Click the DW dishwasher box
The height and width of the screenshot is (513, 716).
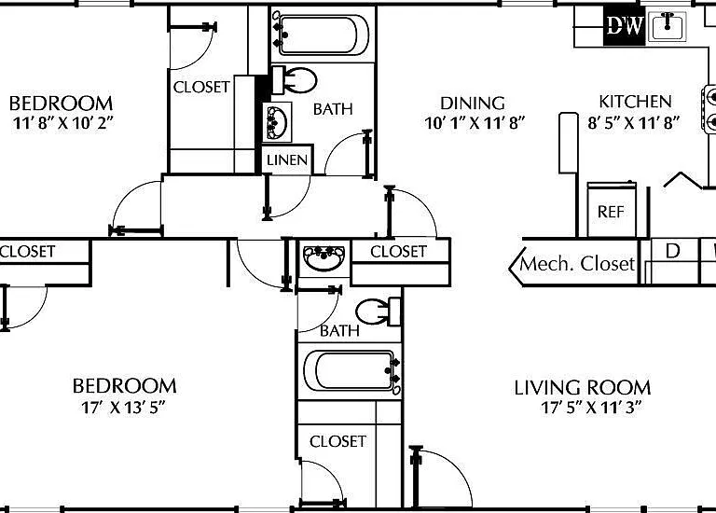point(625,25)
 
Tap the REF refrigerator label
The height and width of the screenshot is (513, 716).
point(611,212)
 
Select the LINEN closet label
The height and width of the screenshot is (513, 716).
point(287,159)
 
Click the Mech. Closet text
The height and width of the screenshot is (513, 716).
point(578,264)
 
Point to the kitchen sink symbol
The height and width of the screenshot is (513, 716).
point(668,26)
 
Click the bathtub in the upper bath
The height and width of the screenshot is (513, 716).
point(324,35)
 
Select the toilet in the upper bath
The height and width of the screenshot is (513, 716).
point(295,80)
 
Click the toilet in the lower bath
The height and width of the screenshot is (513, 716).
point(379,312)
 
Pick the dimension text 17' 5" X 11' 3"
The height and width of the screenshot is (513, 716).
point(591,407)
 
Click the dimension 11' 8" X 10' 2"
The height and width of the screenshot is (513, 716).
point(63,123)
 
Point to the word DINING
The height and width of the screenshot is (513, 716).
point(473,104)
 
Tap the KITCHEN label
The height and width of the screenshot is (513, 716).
point(635,102)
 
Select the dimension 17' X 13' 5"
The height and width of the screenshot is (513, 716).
point(123,407)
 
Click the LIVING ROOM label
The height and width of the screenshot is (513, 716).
point(583,388)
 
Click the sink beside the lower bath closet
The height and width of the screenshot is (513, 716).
point(324,258)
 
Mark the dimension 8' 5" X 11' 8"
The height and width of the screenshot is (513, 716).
point(634,122)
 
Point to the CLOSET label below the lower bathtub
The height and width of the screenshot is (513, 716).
point(337,441)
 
